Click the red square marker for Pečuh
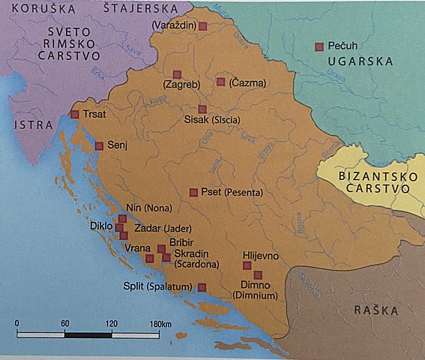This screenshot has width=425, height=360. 319,46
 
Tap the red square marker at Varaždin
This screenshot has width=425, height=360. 202,26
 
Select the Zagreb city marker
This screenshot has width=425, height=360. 177,73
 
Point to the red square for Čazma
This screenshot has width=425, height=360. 221,81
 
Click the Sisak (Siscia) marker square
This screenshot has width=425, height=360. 202,109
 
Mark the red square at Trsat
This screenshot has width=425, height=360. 74,115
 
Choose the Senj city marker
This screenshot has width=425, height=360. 99,145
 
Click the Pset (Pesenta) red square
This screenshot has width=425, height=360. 193,192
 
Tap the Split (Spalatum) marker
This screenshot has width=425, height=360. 202,286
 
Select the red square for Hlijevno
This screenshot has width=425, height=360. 248,265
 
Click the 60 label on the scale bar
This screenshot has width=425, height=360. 65,323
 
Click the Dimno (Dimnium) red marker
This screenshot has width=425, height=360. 259,274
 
